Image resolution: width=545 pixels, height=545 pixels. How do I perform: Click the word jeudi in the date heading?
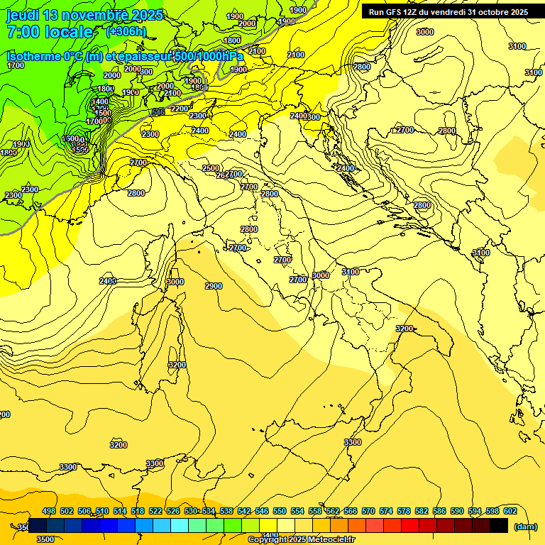(x=23, y=15)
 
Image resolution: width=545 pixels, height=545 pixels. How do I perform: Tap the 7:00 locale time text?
(x=50, y=33)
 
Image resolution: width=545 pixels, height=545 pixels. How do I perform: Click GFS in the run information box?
(x=396, y=12)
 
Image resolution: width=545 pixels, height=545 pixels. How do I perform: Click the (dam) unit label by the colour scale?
(x=524, y=527)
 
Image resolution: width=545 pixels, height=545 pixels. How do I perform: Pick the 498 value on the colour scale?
(x=49, y=511)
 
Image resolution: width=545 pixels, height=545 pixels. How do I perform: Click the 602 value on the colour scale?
(x=510, y=511)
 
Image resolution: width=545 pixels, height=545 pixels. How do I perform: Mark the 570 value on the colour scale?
(x=368, y=511)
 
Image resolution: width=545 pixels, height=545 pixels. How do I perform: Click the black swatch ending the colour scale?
(x=499, y=526)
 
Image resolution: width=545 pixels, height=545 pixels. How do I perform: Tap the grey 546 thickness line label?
(x=158, y=112)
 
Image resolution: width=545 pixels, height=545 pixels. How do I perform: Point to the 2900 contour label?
(x=214, y=286)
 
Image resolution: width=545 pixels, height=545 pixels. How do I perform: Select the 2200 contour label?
(x=180, y=109)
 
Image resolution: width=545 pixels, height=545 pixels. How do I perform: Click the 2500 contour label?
(x=211, y=168)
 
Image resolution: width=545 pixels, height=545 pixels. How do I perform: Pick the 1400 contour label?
(x=101, y=102)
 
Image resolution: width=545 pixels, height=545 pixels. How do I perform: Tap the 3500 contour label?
(x=45, y=539)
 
